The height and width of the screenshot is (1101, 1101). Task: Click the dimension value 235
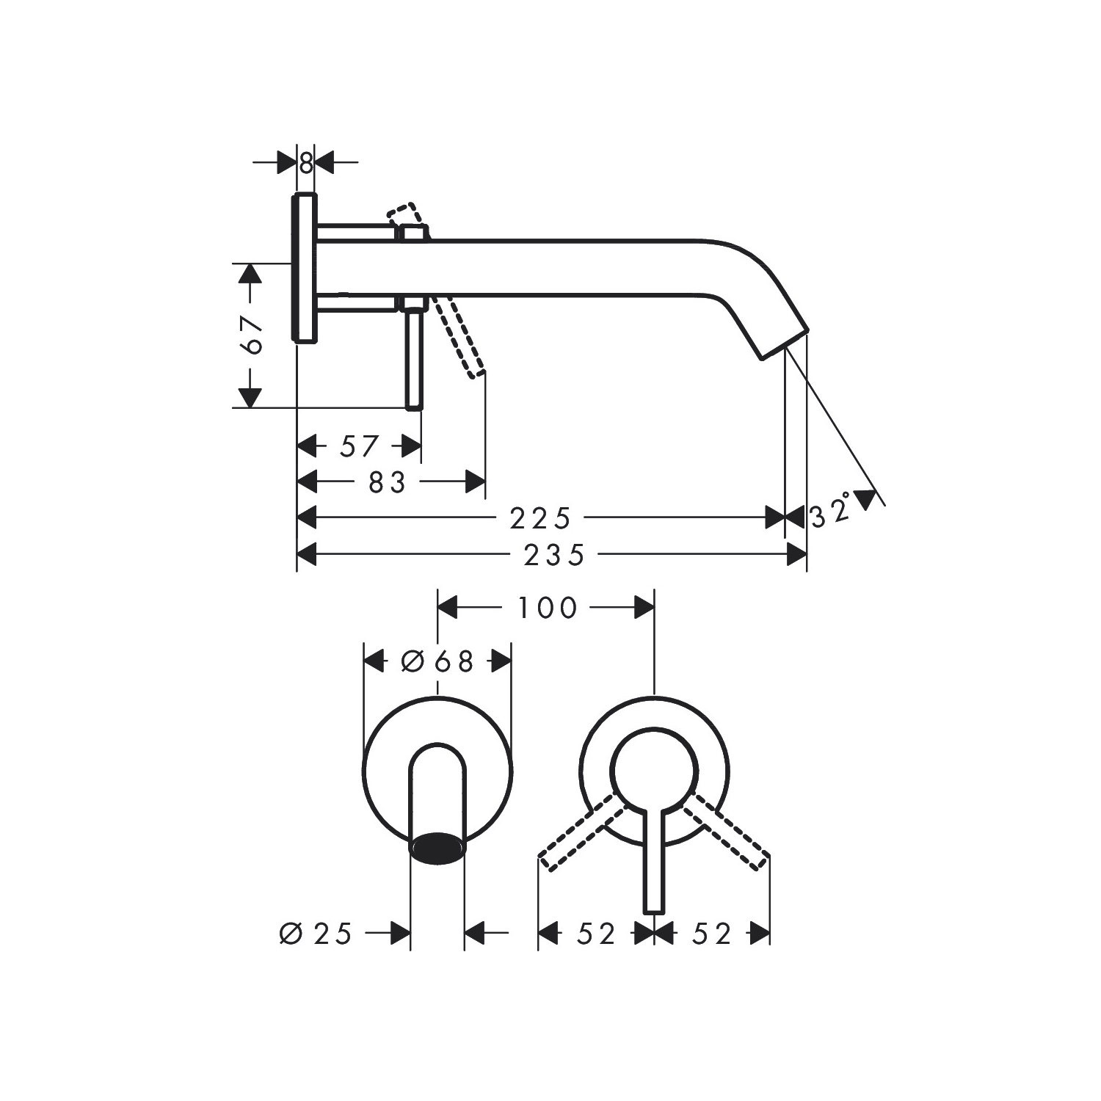coord(554,555)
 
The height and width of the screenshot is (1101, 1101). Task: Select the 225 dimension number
coord(540,518)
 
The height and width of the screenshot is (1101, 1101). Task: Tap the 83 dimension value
coord(387,483)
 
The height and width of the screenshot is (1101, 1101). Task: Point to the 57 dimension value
coord(360,446)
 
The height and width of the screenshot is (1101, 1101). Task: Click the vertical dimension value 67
coord(252,335)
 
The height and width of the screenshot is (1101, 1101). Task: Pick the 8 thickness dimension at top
coord(305,163)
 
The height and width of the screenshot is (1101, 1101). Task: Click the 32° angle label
coord(831,512)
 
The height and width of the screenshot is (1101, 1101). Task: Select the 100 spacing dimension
coord(548,608)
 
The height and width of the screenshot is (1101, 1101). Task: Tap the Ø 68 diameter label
coord(437,661)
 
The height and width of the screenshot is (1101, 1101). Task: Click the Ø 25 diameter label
coord(316,934)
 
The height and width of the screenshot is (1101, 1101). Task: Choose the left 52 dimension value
coord(596,934)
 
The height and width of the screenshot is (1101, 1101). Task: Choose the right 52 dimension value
coord(712,934)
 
